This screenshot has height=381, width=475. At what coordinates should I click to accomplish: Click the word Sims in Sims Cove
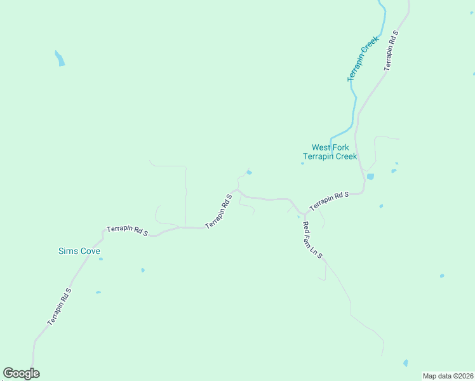(68, 251)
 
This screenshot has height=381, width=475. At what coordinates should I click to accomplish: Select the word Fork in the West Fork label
(340, 147)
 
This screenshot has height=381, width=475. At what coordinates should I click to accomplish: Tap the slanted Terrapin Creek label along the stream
(363, 58)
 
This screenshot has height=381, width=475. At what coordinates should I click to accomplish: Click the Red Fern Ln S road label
(312, 240)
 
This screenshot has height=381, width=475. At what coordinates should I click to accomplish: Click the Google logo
(21, 373)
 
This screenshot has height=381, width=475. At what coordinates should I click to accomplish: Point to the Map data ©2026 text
(448, 376)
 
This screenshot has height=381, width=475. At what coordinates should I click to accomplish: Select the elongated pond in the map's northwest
(60, 58)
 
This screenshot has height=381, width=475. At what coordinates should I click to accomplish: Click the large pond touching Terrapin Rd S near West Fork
(370, 176)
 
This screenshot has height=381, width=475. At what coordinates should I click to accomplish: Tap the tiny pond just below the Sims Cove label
(100, 259)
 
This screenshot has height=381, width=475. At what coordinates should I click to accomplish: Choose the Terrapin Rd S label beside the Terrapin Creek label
(391, 50)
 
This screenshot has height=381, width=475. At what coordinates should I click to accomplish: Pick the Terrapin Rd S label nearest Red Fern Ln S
(329, 201)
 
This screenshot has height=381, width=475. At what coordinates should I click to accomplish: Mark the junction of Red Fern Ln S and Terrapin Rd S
(304, 213)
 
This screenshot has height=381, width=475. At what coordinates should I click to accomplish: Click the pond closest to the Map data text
(406, 363)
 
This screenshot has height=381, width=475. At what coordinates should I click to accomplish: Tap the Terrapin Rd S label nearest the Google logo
(59, 307)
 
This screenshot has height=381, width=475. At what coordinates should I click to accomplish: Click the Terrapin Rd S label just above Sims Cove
(127, 230)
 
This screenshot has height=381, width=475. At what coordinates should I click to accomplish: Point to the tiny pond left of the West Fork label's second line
(302, 163)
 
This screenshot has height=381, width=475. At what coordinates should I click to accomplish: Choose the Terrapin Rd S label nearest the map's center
(219, 211)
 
